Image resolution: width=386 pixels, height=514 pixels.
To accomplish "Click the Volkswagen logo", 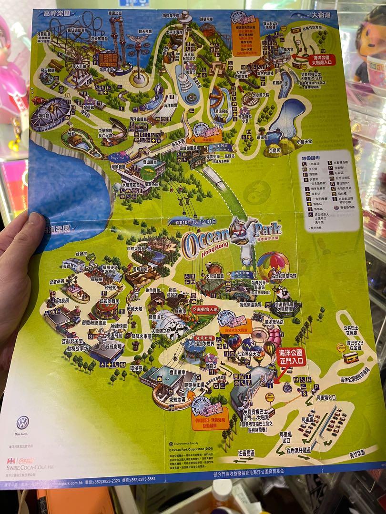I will pyautogui.click(x=22, y=422).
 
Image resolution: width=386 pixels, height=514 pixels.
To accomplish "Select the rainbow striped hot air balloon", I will pyautogui.click(x=273, y=267).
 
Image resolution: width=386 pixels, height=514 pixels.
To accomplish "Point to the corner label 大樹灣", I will pyautogui.click(x=324, y=15).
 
